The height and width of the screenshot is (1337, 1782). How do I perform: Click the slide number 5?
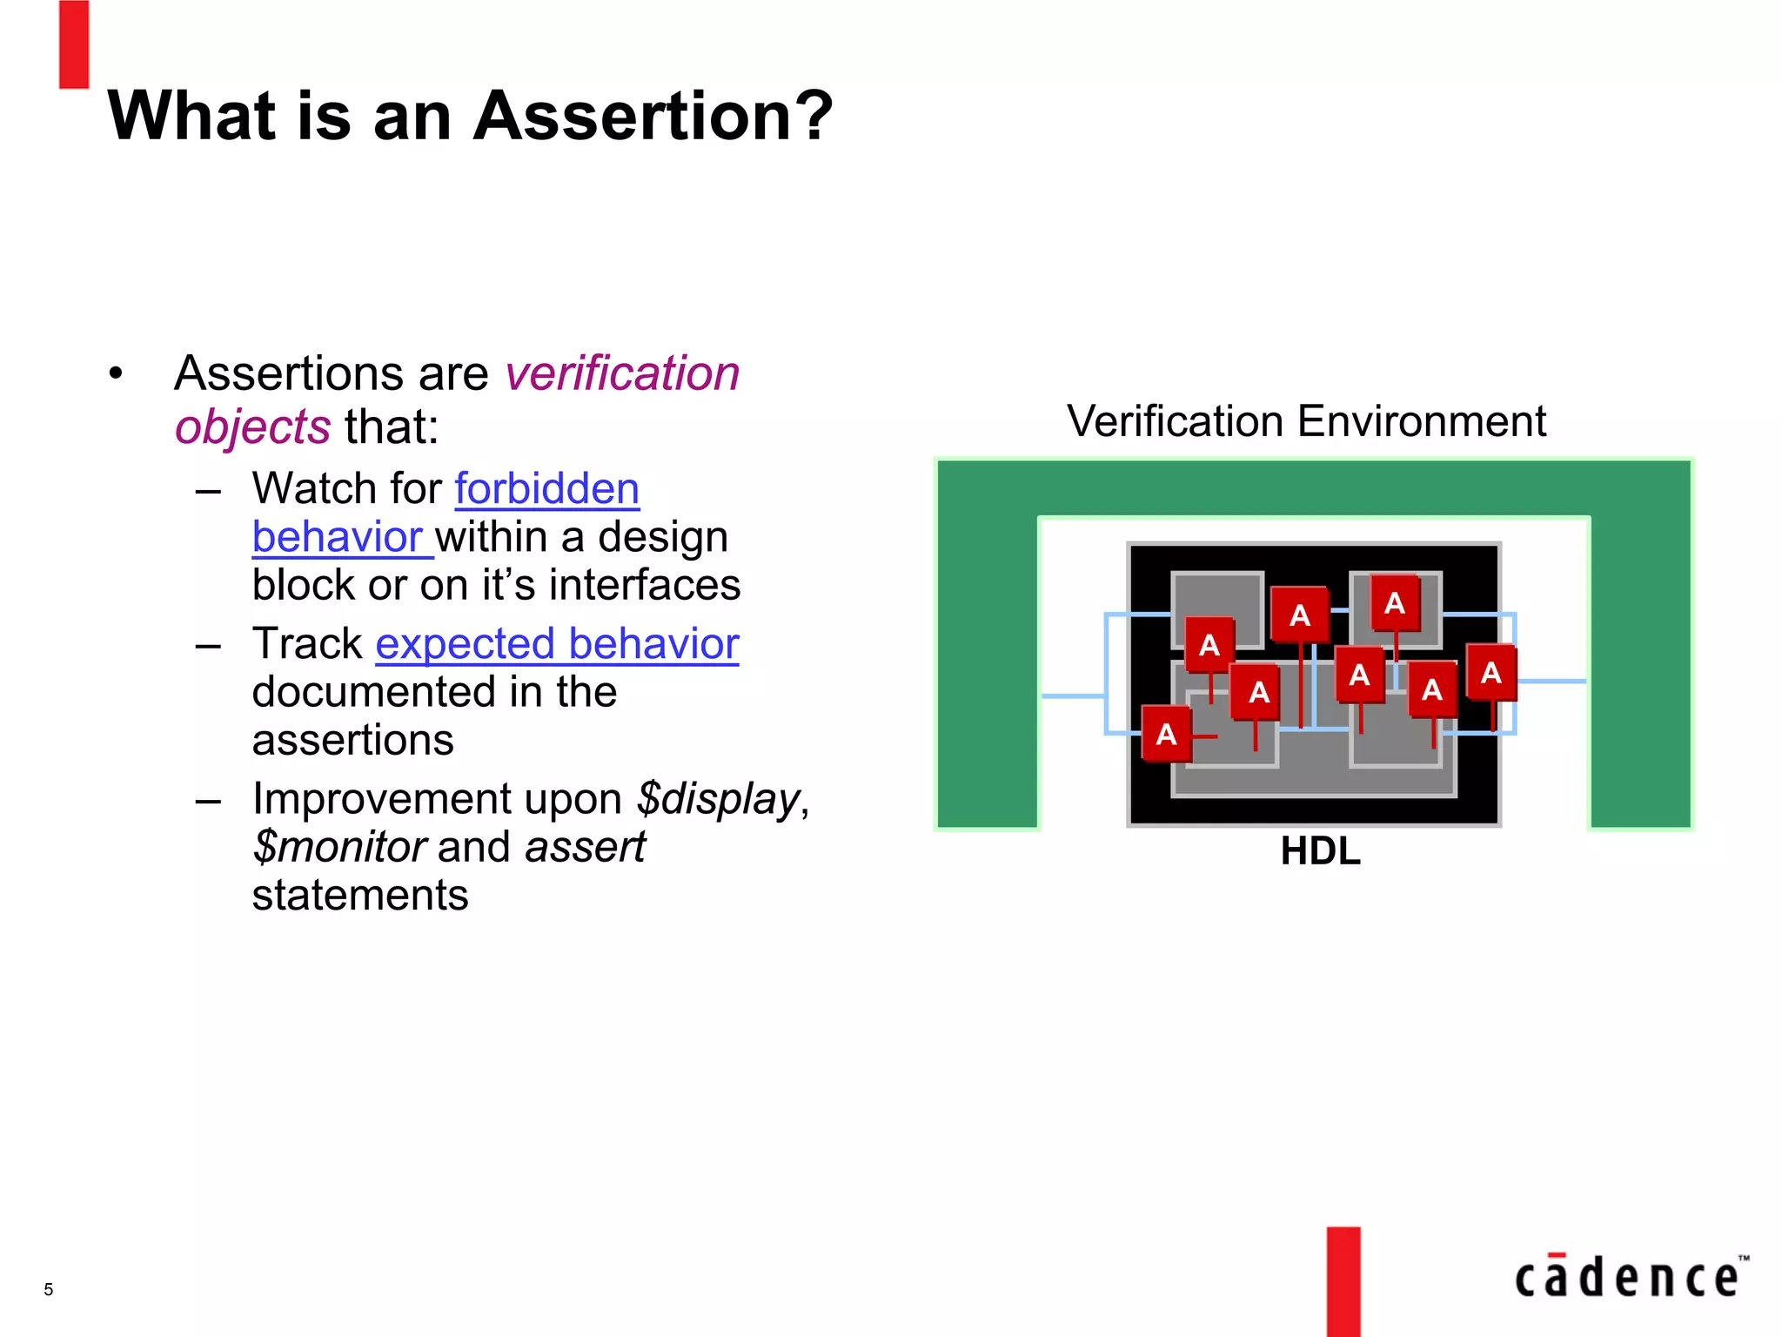click(49, 1289)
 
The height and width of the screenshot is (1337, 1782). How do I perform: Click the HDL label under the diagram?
click(1320, 851)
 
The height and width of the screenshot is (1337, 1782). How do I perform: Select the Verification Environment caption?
click(1306, 421)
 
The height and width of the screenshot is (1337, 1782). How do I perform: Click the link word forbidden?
click(546, 488)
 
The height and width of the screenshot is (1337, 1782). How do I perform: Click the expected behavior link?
click(557, 644)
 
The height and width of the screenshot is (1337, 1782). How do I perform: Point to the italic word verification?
click(622, 373)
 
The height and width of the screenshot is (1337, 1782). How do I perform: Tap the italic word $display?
click(719, 798)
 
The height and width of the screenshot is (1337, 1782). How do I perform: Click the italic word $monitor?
click(339, 847)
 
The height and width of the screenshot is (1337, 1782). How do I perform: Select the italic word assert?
click(585, 847)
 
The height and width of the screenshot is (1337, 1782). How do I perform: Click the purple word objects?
click(252, 427)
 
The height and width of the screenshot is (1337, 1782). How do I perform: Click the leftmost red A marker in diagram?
click(1166, 734)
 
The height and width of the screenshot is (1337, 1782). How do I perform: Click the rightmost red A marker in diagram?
click(1491, 672)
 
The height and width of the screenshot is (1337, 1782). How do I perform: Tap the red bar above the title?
click(74, 44)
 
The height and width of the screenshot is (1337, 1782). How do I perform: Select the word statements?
click(360, 896)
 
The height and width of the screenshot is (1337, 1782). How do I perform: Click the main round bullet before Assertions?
click(117, 374)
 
